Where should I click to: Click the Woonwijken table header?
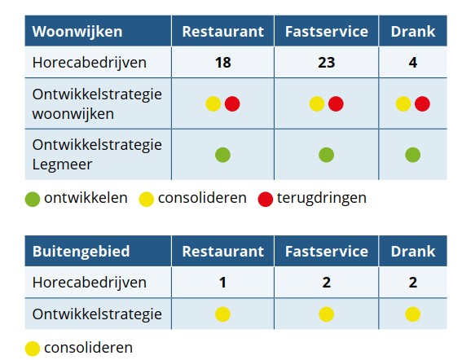point(77,32)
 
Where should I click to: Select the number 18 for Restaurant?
point(222,61)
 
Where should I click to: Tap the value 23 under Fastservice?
point(326,61)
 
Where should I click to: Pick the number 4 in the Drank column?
point(412,61)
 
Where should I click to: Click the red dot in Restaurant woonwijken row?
point(232,103)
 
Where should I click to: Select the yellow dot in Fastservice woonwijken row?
point(317,103)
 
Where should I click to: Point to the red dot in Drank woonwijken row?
point(422,103)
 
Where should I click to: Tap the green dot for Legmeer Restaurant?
point(222,154)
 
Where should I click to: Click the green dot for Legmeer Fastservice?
point(326,154)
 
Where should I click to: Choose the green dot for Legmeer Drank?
point(412,154)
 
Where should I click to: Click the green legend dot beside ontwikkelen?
point(33,199)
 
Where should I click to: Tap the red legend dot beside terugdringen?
point(266,199)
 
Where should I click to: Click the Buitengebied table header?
point(81,252)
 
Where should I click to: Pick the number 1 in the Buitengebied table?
point(222,282)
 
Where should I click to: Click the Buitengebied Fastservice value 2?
point(326,282)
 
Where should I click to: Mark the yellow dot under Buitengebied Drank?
point(412,314)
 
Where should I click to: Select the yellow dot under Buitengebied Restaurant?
point(222,314)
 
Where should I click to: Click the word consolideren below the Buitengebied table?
point(88,348)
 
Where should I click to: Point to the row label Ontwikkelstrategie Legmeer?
point(96,153)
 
